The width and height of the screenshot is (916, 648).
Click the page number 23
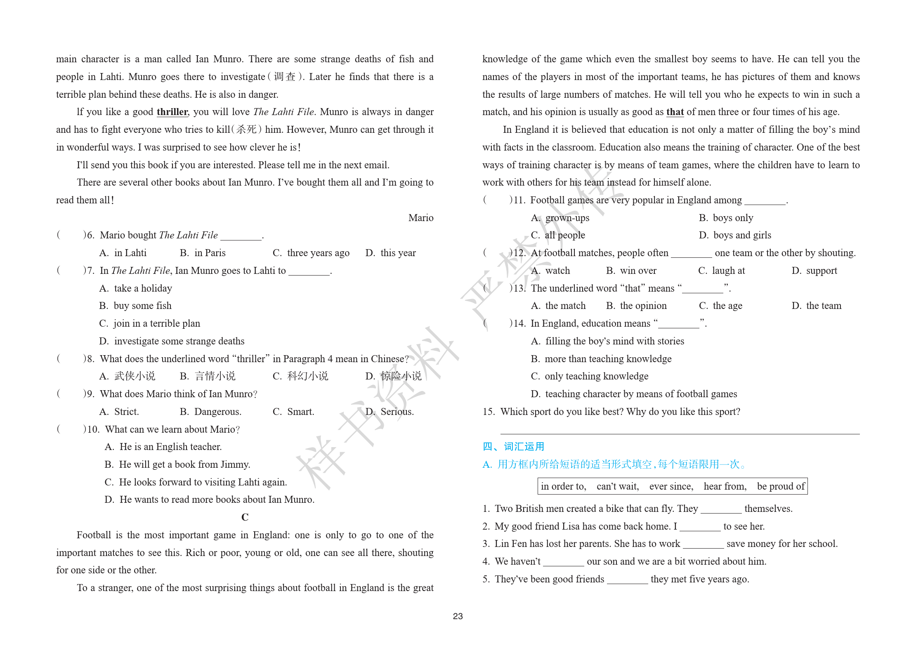(458, 616)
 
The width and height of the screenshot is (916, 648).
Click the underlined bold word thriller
(172, 112)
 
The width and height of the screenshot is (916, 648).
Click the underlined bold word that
(675, 112)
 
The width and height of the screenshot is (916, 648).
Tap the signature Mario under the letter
(420, 218)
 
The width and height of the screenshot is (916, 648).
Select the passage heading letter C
(245, 517)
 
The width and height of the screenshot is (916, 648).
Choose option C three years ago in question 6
(311, 253)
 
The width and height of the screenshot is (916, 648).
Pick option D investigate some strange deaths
(172, 341)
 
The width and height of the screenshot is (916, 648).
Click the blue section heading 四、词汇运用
(513, 447)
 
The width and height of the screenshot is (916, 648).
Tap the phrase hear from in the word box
(725, 486)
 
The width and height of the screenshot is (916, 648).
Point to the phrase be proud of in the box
(781, 486)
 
